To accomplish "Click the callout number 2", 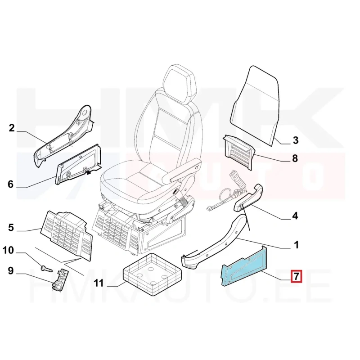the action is (12, 128).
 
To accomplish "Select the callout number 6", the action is (10, 184).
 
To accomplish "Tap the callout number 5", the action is (11, 228).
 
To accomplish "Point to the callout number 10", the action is (8, 250).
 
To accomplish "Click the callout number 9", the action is (10, 271).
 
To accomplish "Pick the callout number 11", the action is (99, 283).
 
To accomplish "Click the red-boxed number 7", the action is (296, 276).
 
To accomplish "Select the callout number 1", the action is (297, 245).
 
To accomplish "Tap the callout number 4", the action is (295, 216).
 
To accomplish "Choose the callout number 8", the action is (295, 158).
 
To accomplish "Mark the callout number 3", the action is (296, 140).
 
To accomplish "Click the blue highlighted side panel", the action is (244, 266).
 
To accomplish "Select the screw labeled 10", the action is (46, 269).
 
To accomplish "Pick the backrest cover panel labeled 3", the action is (254, 106).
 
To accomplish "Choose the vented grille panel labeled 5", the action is (66, 235).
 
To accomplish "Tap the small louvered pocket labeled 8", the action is (239, 152).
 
